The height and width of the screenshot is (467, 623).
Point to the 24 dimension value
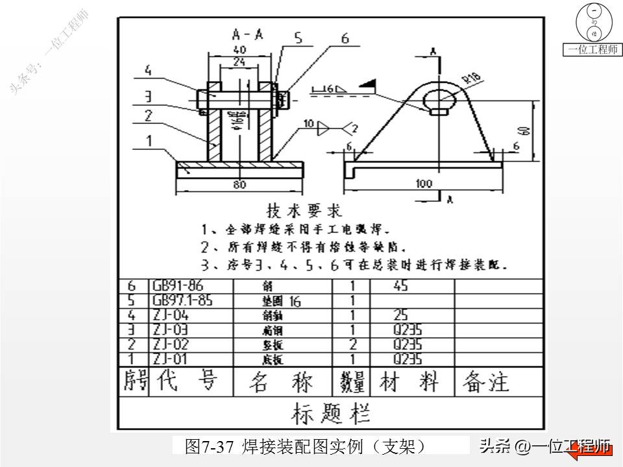[239, 62]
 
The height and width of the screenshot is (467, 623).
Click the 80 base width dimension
[239, 185]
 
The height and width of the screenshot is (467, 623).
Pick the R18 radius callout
[473, 78]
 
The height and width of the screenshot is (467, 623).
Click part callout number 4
[148, 69]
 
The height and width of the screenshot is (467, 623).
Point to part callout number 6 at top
[345, 39]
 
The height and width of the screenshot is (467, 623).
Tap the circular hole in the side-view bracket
[439, 99]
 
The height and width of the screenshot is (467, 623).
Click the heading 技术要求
[304, 211]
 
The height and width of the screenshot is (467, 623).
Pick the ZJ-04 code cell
[170, 316]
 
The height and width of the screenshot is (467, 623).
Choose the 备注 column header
[485, 382]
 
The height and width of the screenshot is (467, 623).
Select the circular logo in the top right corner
[592, 23]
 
